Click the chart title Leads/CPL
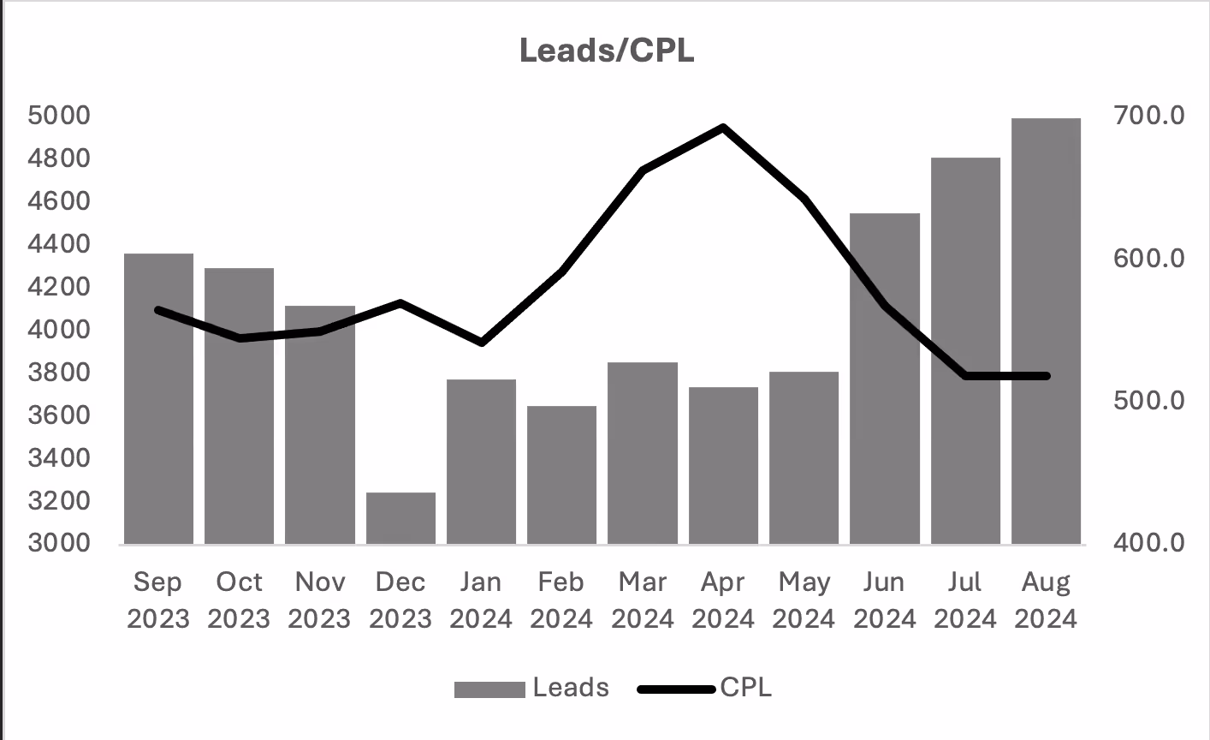607,51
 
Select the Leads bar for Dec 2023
400,518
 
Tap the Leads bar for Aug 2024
1046,331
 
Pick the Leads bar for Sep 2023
158,398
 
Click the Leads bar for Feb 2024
561,474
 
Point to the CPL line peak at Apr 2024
723,128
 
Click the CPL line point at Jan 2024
481,342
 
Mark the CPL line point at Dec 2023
400,303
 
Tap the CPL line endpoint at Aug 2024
1046,376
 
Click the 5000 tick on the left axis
59,116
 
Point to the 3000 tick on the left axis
59,543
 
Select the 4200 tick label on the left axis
59,287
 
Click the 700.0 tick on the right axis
1148,116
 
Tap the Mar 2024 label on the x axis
643,600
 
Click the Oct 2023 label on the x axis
239,600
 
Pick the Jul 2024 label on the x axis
965,600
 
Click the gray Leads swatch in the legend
489,689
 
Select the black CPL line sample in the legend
676,689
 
